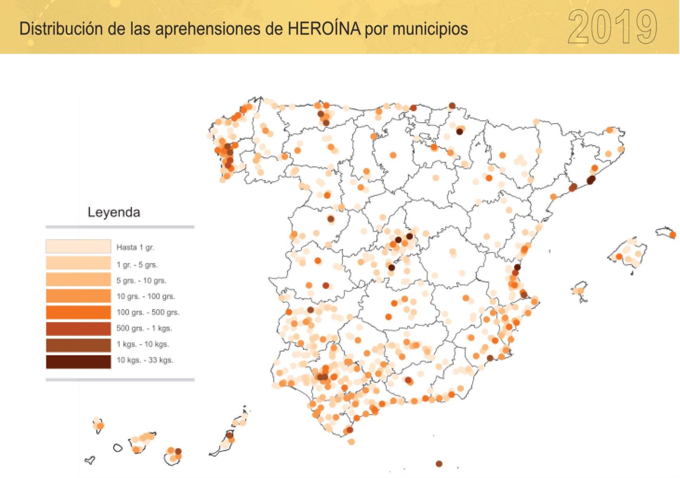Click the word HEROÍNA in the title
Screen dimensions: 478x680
pos(324,29)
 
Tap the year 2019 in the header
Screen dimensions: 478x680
pos(612,27)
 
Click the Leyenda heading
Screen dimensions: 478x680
pos(113,212)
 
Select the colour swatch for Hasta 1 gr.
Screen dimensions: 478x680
pos(78,247)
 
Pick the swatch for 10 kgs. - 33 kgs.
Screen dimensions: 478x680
pos(78,361)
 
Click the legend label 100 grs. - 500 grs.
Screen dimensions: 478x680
pos(148,312)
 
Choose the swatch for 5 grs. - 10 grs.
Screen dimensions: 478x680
pos(78,280)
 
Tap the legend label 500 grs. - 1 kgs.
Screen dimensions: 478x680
pos(144,328)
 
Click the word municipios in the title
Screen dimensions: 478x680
pos(430,29)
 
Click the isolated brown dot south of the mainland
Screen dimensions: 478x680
pos(439,464)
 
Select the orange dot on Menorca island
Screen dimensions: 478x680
pos(672,235)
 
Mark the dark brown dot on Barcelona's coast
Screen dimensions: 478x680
pos(590,180)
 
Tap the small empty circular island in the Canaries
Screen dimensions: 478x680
pos(118,448)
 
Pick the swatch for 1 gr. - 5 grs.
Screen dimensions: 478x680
pos(78,263)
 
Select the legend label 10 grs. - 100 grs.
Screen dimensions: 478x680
pos(145,296)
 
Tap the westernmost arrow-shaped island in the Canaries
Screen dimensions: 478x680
pos(90,460)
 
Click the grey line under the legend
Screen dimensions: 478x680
pos(120,380)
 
